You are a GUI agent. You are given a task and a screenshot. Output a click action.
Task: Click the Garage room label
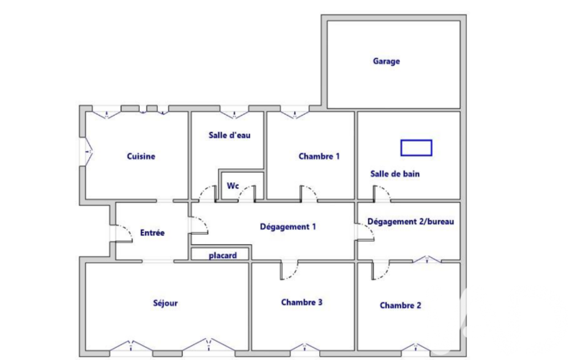point(386,61)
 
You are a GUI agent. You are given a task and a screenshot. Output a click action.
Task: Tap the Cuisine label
point(141,156)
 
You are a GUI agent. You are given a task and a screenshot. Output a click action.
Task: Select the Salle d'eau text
point(229,135)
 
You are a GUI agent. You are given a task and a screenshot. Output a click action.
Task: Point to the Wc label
point(233,186)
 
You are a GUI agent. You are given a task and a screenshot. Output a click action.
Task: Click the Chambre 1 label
point(319,156)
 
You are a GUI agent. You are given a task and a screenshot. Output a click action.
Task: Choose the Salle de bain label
point(395,174)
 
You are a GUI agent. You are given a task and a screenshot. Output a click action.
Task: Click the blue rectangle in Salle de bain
point(416,148)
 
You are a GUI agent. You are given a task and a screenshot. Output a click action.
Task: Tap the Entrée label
point(152,233)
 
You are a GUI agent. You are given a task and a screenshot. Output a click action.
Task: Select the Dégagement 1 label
point(288,227)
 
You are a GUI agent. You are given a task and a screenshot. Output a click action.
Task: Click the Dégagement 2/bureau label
point(411,222)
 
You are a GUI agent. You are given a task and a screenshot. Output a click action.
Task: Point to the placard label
point(223,255)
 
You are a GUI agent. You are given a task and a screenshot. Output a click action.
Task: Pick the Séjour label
point(165,303)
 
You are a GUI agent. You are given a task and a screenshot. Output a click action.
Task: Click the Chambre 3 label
point(302,302)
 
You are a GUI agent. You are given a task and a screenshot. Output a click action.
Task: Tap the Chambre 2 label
point(400,305)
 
